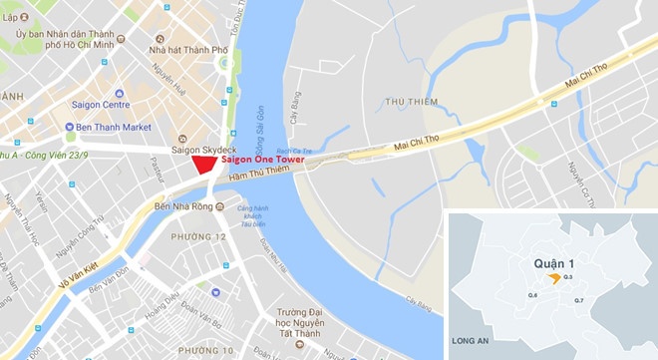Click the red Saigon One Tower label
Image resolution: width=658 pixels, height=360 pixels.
tap(261, 160)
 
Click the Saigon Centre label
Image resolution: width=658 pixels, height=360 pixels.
tap(102, 104)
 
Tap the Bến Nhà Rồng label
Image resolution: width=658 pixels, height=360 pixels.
tap(184, 207)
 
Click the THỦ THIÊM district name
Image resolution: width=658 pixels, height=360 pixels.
tap(407, 101)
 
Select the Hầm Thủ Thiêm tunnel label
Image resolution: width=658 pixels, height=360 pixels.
tap(257, 177)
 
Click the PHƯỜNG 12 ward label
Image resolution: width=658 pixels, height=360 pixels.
tap(201, 236)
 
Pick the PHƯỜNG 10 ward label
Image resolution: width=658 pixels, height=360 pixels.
tap(205, 350)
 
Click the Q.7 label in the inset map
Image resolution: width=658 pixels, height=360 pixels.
tap(579, 300)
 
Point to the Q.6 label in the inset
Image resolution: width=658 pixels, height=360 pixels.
tap(533, 296)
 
